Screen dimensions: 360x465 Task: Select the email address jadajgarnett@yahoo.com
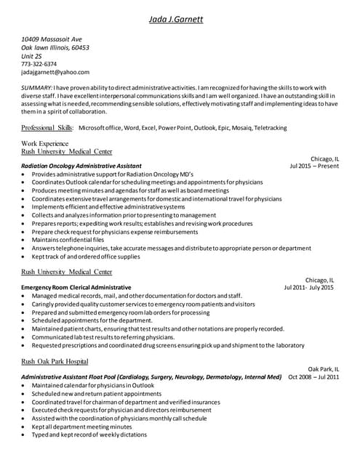(55, 73)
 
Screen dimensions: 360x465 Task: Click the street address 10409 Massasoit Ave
(52, 39)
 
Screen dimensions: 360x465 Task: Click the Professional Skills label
(47, 128)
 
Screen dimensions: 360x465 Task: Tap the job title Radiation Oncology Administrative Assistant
(81, 166)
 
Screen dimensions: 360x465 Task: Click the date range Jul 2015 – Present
(314, 166)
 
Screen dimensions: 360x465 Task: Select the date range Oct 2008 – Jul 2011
(313, 377)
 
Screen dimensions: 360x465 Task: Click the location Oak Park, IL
(324, 369)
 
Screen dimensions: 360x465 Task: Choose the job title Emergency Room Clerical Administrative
(76, 288)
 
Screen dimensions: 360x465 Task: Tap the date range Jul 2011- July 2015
(308, 288)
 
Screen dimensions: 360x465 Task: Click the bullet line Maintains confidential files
(68, 240)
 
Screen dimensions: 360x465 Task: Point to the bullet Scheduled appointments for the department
(92, 320)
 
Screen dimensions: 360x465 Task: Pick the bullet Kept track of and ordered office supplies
(86, 256)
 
